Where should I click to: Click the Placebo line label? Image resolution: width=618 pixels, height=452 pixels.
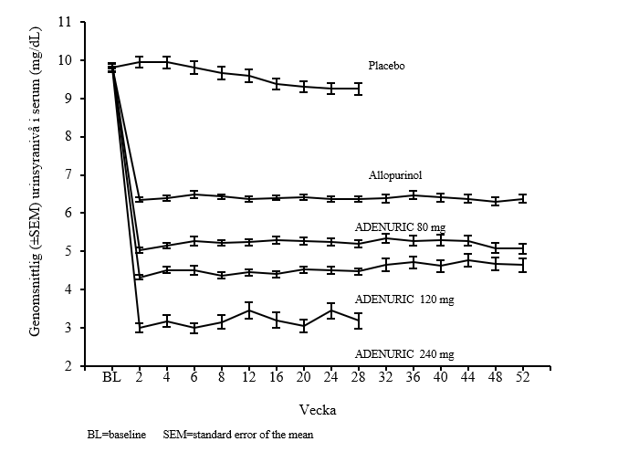tap(386, 66)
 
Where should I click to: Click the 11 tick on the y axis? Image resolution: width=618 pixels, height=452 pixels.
tap(66, 22)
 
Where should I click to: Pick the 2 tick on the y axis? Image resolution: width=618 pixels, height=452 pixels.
tap(68, 366)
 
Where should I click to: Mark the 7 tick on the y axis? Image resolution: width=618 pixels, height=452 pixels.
tap(68, 174)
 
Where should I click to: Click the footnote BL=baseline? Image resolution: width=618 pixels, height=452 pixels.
tap(110, 435)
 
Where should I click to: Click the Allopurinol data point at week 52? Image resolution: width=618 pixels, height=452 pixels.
tap(522, 198)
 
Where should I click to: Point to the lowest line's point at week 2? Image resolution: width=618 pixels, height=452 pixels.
tap(139, 327)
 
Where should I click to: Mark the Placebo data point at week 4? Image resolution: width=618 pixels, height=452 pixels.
tap(166, 62)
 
